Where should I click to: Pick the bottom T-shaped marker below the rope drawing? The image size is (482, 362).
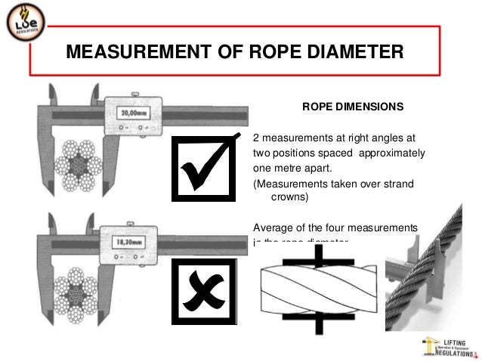tap(318, 325)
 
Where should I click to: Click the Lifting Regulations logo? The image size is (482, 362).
tap(450, 346)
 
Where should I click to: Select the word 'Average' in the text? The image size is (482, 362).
tap(272, 227)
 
